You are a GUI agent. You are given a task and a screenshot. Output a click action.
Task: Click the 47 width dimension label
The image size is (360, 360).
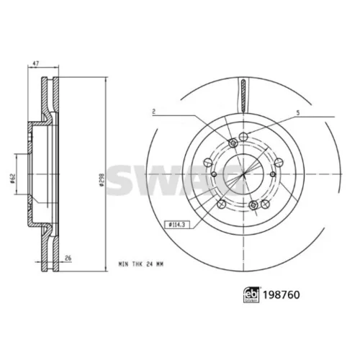coord(35,63)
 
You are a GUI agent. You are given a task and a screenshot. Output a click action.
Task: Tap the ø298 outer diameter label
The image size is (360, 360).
coord(102,180)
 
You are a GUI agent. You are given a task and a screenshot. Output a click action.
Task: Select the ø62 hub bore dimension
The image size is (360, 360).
coord(12,178)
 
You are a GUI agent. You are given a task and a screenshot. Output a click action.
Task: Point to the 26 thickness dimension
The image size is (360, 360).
coord(68,258)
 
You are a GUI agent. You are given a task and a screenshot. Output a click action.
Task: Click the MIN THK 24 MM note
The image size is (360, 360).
coord(141,264)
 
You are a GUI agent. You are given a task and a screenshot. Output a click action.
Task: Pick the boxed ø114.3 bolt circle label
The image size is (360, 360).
coord(176,225)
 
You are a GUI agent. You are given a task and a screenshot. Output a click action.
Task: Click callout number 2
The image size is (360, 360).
coord(154,112)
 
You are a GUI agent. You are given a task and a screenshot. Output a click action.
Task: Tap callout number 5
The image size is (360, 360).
coord(298,113)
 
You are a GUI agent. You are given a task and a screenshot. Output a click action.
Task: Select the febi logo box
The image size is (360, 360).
coord(251,294)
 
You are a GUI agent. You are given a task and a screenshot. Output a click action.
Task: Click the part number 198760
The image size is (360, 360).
coord(282,294)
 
